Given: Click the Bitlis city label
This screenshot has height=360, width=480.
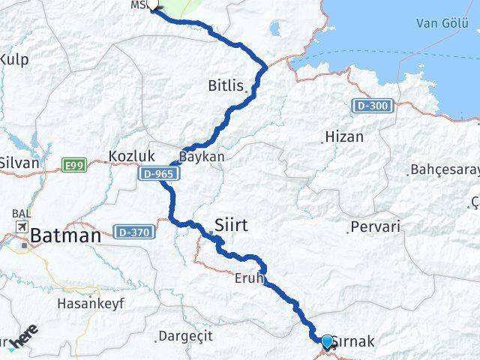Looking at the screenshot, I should [x=226, y=86].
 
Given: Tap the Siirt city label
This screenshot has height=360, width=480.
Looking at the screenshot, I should [x=231, y=224].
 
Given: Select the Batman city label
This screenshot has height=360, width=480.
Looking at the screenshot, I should [x=65, y=237].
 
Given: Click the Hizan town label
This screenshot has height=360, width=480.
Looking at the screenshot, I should [x=343, y=137].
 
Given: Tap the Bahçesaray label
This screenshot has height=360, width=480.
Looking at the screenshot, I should [x=444, y=169].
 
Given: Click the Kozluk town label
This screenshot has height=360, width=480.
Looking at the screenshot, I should [x=131, y=155].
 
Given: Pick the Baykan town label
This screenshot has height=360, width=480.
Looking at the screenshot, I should [x=202, y=157].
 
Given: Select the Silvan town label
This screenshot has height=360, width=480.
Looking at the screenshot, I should [x=19, y=161].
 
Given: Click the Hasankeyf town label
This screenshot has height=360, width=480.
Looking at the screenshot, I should [x=91, y=304].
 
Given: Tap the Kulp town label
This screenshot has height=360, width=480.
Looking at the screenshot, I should [x=14, y=58].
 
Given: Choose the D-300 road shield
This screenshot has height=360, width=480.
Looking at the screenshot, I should [x=373, y=106].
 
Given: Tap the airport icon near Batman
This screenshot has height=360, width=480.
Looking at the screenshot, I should [x=20, y=226].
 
